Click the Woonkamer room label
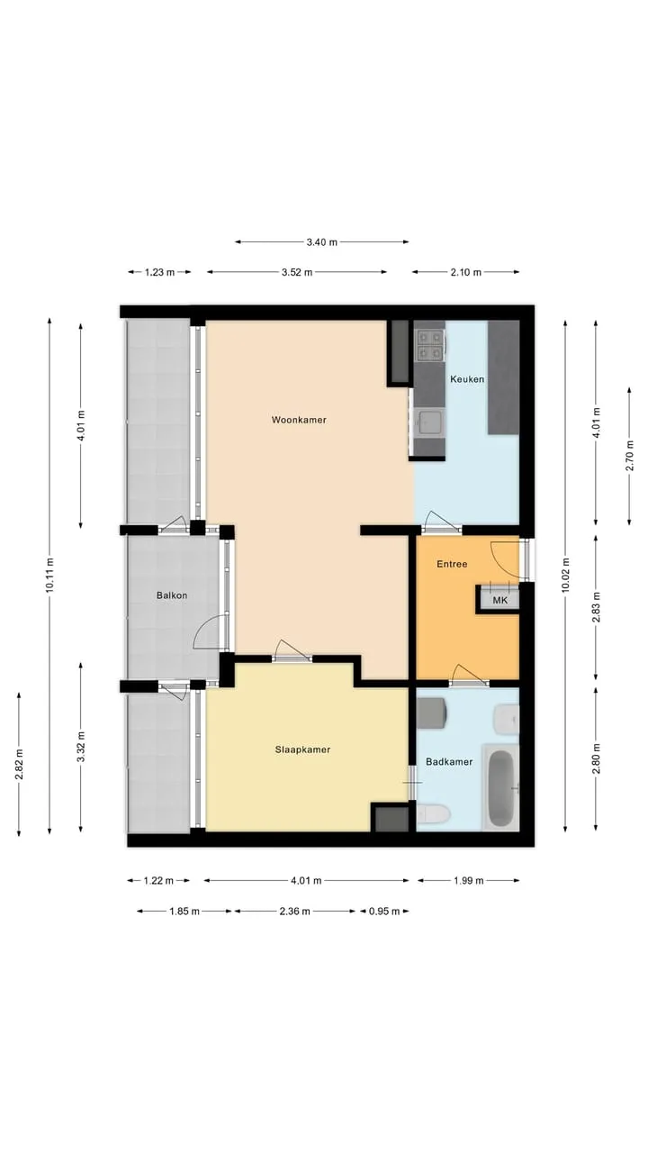tap(299, 420)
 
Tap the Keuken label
tap(467, 379)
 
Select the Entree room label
tap(452, 564)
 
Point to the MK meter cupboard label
tap(499, 600)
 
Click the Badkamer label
tap(449, 762)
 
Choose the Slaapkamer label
tap(302, 749)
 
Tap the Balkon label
tap(172, 595)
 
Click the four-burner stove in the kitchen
tap(430, 345)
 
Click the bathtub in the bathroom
tap(500, 787)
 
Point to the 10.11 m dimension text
tap(49, 575)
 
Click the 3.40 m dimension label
tap(322, 242)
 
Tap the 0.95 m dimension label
tap(384, 911)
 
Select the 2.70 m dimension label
tap(629, 457)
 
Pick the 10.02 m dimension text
tap(565, 575)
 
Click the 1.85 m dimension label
tap(184, 911)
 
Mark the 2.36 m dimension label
tap(294, 911)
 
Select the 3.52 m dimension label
tap(297, 272)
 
